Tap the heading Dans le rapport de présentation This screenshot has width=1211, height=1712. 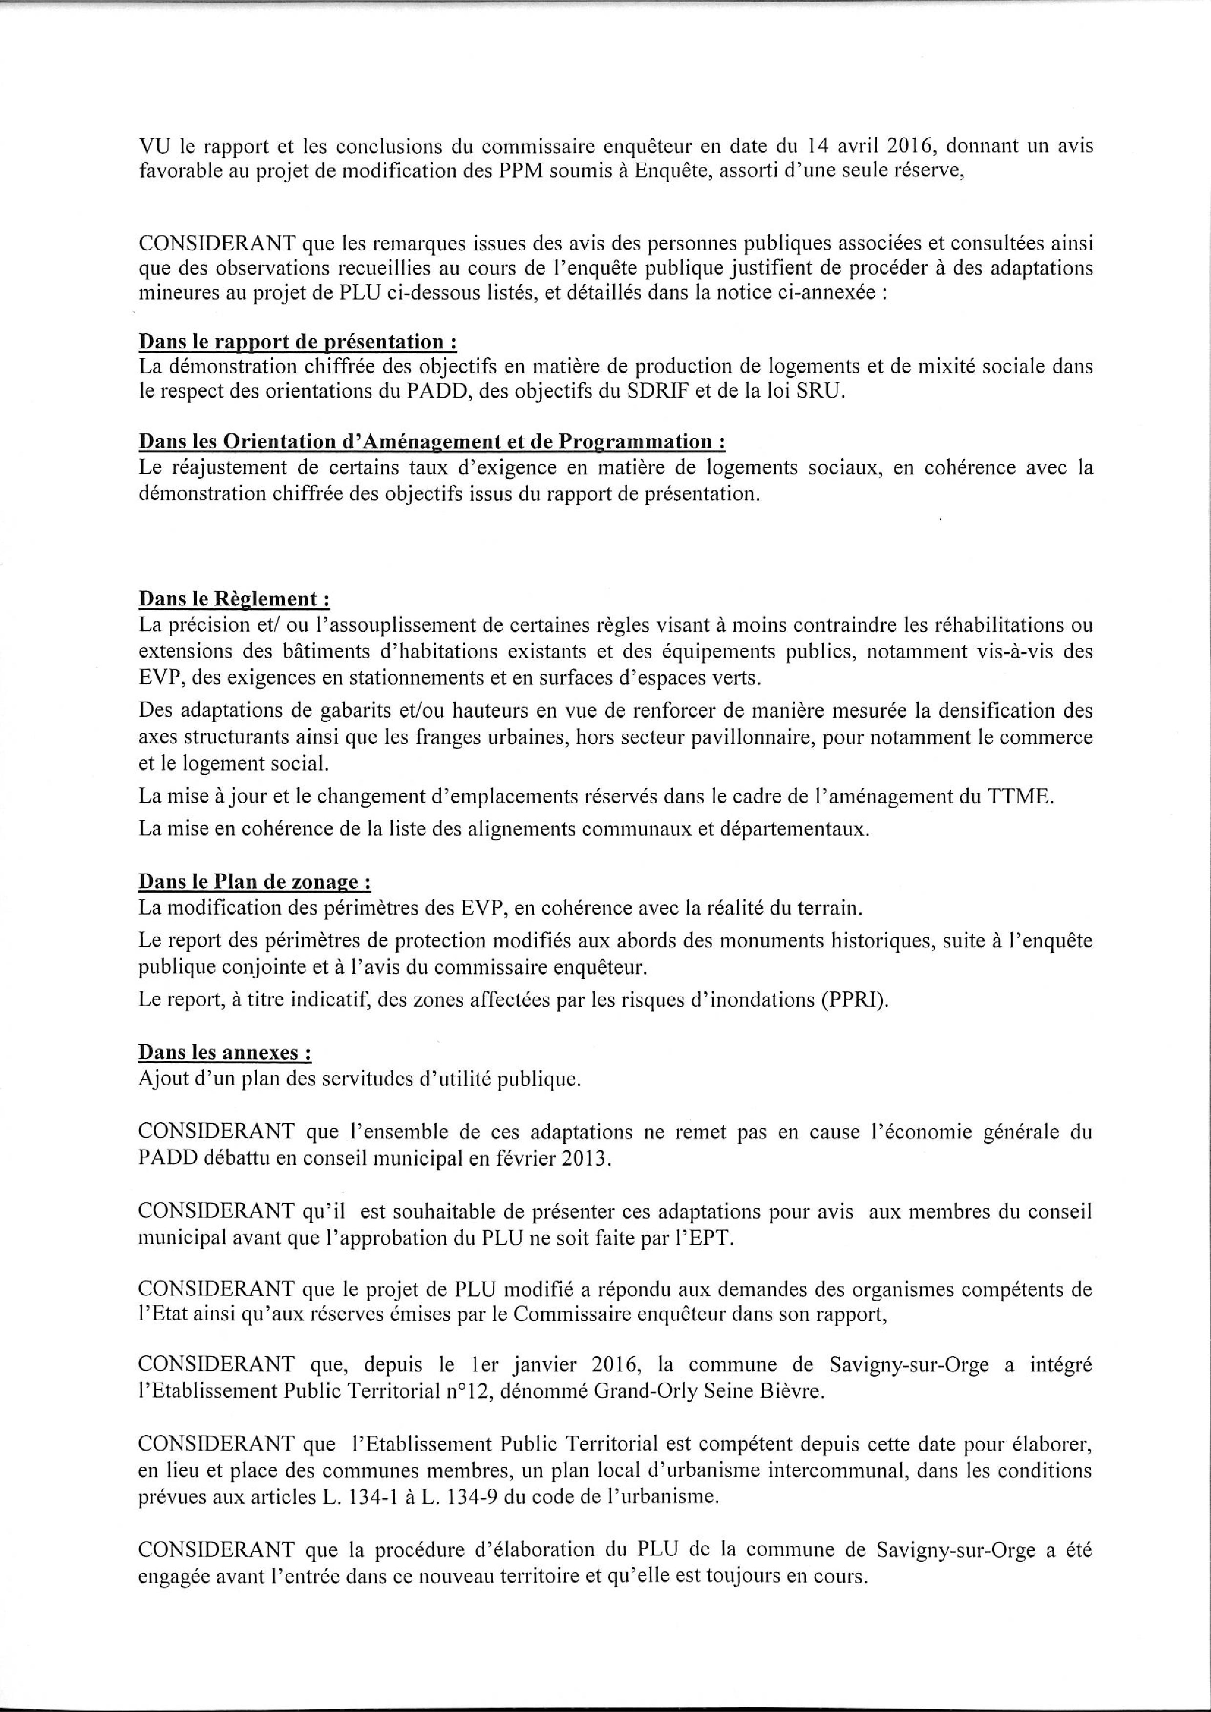tap(297, 342)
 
